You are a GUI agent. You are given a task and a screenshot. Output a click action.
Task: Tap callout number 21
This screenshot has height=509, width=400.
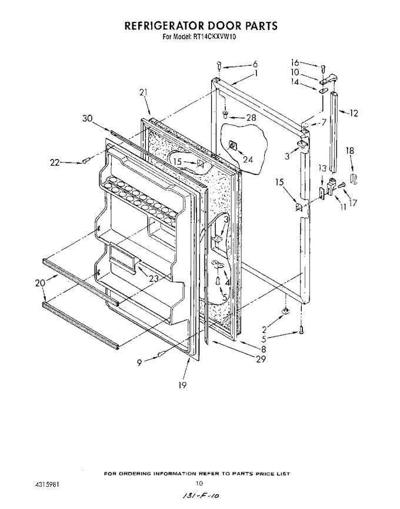tap(144, 92)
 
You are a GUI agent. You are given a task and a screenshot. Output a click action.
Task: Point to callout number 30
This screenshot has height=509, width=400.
tap(88, 119)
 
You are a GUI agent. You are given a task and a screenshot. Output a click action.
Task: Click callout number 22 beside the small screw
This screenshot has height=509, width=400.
tap(55, 163)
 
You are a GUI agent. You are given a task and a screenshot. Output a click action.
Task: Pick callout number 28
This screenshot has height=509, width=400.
tap(251, 117)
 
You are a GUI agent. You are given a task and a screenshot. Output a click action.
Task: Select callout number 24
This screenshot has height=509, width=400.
tap(248, 160)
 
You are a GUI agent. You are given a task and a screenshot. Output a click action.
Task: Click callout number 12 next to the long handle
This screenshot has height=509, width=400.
tap(354, 113)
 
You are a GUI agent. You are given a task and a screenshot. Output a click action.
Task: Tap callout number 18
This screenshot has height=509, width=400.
tap(350, 151)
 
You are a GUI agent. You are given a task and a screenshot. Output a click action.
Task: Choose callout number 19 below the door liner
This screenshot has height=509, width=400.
tap(182, 385)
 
